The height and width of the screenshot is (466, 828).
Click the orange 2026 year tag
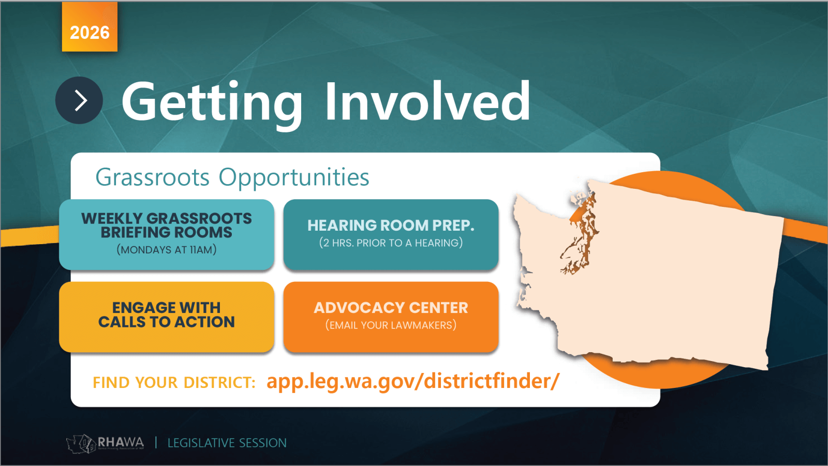(x=90, y=26)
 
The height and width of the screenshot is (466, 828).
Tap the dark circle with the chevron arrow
(x=79, y=100)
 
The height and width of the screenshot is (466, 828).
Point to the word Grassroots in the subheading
(x=152, y=177)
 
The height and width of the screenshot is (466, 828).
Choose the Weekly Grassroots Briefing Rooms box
(x=167, y=235)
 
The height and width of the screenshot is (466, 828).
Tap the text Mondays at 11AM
(x=167, y=250)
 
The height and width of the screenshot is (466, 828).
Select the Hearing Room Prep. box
(x=391, y=235)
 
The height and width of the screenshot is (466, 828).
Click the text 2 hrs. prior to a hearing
(x=391, y=243)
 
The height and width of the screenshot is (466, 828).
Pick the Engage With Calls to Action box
(x=167, y=317)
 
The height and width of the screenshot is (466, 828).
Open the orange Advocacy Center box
(x=391, y=317)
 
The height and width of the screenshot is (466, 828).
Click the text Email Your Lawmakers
(x=391, y=325)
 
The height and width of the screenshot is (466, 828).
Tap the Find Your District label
(x=174, y=383)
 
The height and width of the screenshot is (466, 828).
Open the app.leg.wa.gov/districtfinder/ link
(x=413, y=381)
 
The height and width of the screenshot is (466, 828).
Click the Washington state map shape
(x=666, y=281)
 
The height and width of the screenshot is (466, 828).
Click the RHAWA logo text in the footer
(x=121, y=442)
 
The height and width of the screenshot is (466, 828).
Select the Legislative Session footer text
(x=227, y=443)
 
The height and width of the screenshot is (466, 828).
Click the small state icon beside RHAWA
(x=81, y=443)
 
